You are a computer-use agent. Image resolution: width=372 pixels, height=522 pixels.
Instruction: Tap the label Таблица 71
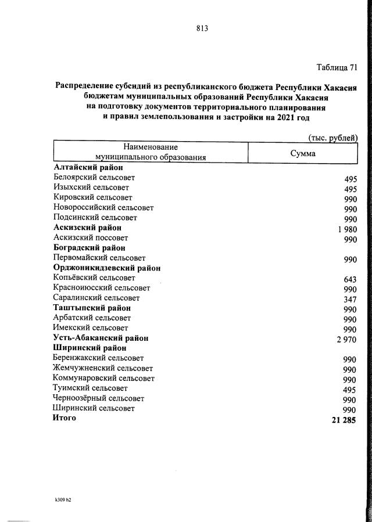point(337,67)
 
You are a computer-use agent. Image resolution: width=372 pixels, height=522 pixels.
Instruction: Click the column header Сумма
point(303,154)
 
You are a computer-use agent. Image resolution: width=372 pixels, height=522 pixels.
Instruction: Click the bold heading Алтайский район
point(88,168)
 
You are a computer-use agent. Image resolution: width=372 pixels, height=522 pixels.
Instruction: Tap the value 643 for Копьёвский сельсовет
point(350,280)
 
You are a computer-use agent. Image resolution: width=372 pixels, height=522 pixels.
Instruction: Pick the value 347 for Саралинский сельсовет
point(350,300)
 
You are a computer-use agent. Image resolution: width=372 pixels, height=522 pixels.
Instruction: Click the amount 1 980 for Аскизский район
point(346,229)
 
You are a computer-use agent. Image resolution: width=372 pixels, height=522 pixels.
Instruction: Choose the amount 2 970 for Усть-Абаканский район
point(346,340)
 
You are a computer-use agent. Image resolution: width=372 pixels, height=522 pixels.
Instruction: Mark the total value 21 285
point(343,420)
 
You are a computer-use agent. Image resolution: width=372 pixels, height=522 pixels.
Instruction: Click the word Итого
point(65,418)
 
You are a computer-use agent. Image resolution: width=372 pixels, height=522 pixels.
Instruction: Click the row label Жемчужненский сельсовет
point(103,368)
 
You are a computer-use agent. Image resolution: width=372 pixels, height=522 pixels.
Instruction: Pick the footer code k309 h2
point(63,499)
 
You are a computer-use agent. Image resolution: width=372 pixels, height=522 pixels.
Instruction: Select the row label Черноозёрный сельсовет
point(99,398)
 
